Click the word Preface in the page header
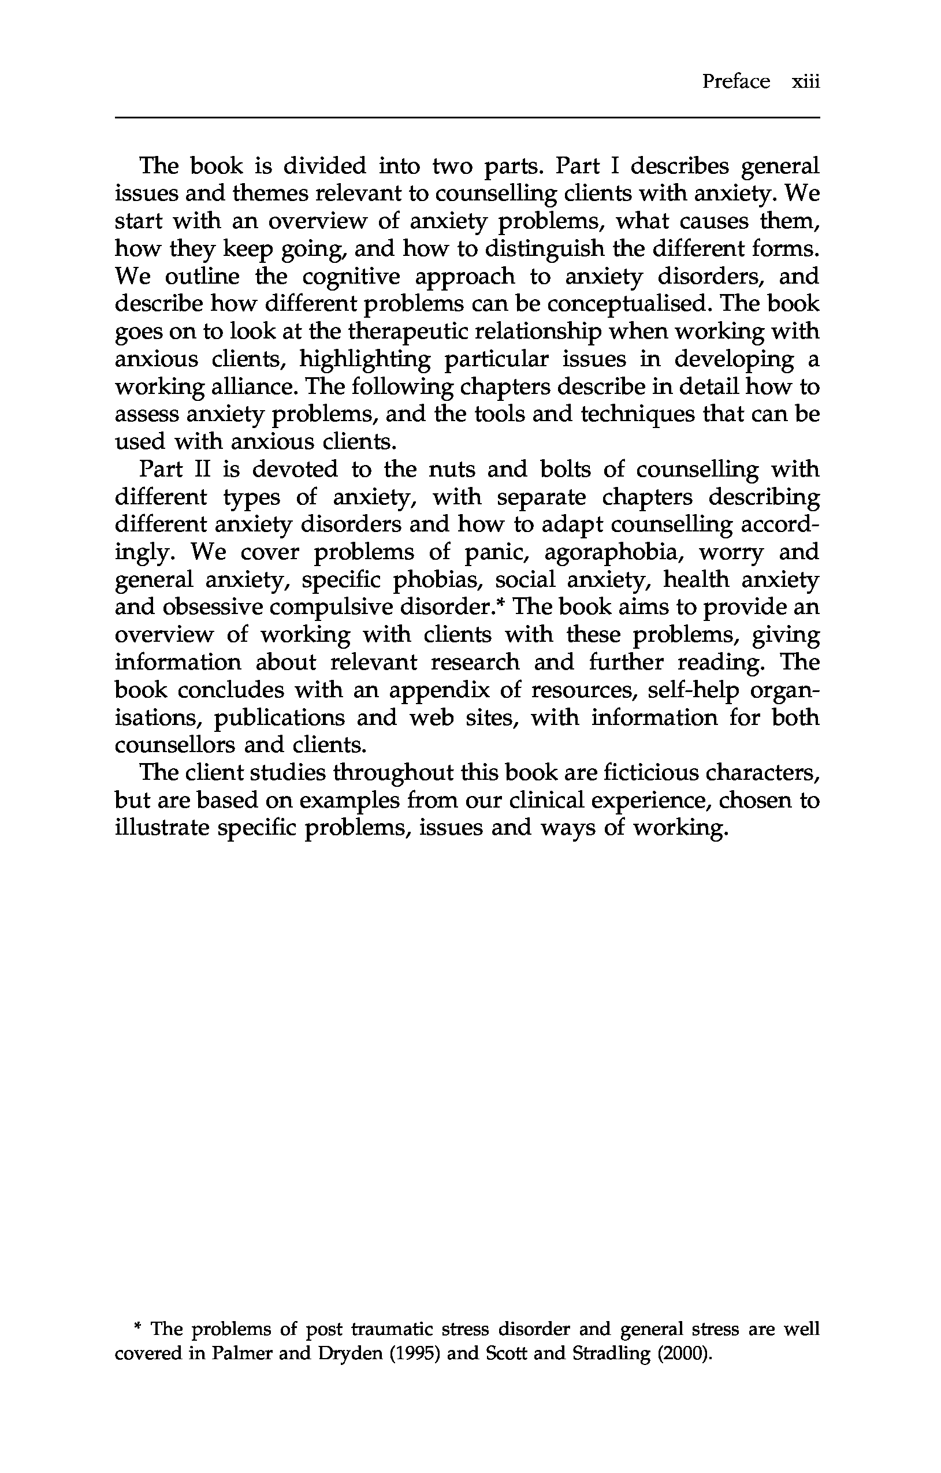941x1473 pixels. click(x=735, y=81)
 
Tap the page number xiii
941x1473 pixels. click(x=805, y=81)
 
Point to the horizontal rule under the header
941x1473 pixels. click(x=467, y=117)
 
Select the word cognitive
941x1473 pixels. click(x=351, y=277)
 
